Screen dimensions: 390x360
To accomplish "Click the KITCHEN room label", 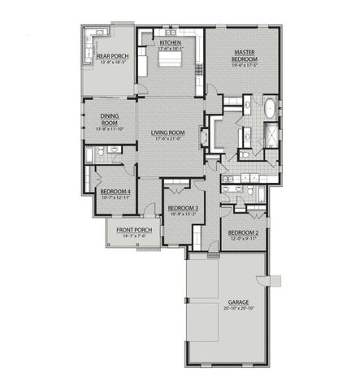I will (170, 42).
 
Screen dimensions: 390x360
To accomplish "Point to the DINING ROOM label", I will (110, 119).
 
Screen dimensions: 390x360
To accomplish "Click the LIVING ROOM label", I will (168, 132).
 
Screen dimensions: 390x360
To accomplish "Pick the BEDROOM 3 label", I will (183, 208).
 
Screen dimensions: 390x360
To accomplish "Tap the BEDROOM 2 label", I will (245, 233).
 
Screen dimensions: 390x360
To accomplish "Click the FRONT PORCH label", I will (134, 230).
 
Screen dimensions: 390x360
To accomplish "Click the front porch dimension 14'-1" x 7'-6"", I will (134, 236).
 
